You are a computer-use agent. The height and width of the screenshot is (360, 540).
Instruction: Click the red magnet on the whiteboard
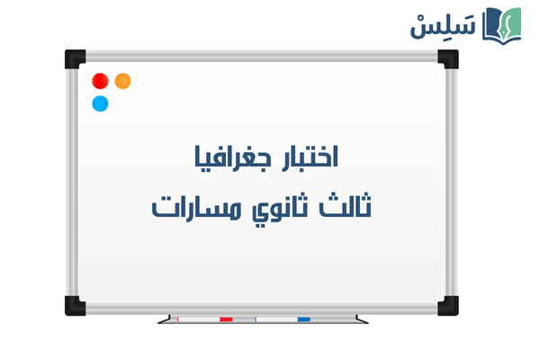pyautogui.click(x=101, y=81)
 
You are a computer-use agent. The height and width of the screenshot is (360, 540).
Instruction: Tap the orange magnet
pyautogui.click(x=123, y=81)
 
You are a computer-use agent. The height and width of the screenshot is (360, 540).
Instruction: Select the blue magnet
pyautogui.click(x=101, y=103)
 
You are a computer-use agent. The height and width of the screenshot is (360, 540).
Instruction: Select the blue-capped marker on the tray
pyautogui.click(x=283, y=319)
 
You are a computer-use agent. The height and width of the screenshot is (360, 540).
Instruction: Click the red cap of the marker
pyautogui.click(x=226, y=319)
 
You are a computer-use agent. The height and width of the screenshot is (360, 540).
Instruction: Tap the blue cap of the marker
pyautogui.click(x=303, y=319)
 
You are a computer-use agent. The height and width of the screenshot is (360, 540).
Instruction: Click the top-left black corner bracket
pyautogui.click(x=73, y=58)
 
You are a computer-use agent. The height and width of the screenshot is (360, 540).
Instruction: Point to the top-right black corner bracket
pyautogui.click(x=448, y=58)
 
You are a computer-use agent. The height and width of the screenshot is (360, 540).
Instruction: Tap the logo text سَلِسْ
pyautogui.click(x=442, y=24)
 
